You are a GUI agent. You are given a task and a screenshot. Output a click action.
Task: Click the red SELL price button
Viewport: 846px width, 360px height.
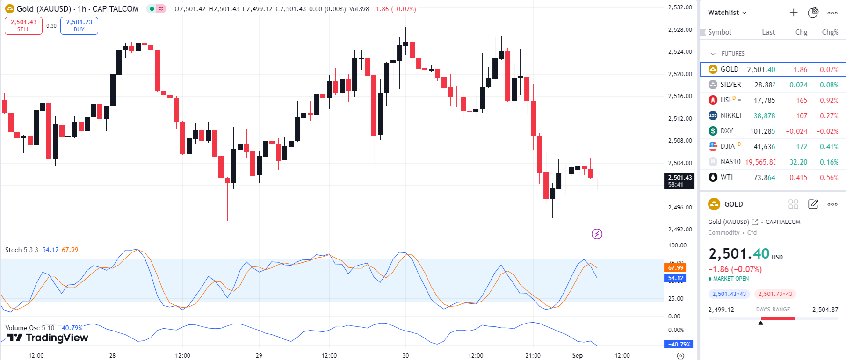tap(23, 25)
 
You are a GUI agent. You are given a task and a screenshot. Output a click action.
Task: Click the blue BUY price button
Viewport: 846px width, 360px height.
tap(79, 25)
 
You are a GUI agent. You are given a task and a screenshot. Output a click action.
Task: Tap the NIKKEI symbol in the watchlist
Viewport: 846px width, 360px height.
tap(730, 115)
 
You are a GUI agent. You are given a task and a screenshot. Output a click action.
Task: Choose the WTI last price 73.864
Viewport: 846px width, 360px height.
tap(764, 178)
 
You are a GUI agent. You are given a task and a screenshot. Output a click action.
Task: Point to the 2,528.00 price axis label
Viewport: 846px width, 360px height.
tap(680, 30)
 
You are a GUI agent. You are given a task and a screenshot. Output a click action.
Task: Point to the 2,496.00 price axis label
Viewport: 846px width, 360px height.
tap(680, 208)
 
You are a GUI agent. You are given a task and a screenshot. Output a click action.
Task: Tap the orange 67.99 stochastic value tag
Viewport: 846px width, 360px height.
tap(675, 268)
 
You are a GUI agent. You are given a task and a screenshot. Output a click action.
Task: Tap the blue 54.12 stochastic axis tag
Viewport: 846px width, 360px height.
tap(675, 278)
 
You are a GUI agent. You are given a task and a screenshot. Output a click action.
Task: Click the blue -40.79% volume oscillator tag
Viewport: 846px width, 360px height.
tap(678, 345)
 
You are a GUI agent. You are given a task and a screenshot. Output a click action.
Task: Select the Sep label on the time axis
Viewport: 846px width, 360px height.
tap(578, 355)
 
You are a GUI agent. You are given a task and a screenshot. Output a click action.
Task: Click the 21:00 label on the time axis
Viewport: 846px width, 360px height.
tap(533, 355)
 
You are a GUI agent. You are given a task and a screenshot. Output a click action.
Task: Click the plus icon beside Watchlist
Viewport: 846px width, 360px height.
tap(794, 13)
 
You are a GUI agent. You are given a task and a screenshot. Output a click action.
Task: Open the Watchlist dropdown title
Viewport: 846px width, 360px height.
tap(727, 13)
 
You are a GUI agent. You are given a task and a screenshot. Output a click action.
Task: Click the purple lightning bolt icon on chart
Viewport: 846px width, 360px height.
tap(597, 234)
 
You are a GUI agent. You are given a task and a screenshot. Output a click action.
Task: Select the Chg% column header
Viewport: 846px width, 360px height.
tap(830, 32)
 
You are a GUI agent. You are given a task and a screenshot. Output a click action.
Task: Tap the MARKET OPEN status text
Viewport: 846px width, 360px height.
tap(730, 279)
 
